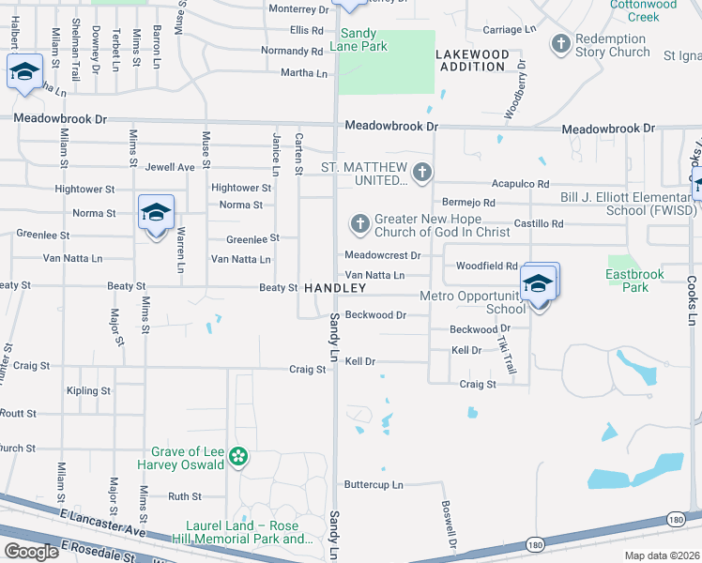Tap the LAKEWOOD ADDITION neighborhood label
(x=473, y=61)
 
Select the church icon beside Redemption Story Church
(x=561, y=43)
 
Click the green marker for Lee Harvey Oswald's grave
(x=238, y=457)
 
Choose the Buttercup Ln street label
(x=373, y=485)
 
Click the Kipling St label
(x=88, y=390)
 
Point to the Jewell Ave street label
(x=170, y=167)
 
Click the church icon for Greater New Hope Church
(x=359, y=223)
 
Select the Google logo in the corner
(x=32, y=552)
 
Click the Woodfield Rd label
(x=487, y=266)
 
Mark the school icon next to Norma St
(x=156, y=211)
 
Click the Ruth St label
(x=185, y=496)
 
